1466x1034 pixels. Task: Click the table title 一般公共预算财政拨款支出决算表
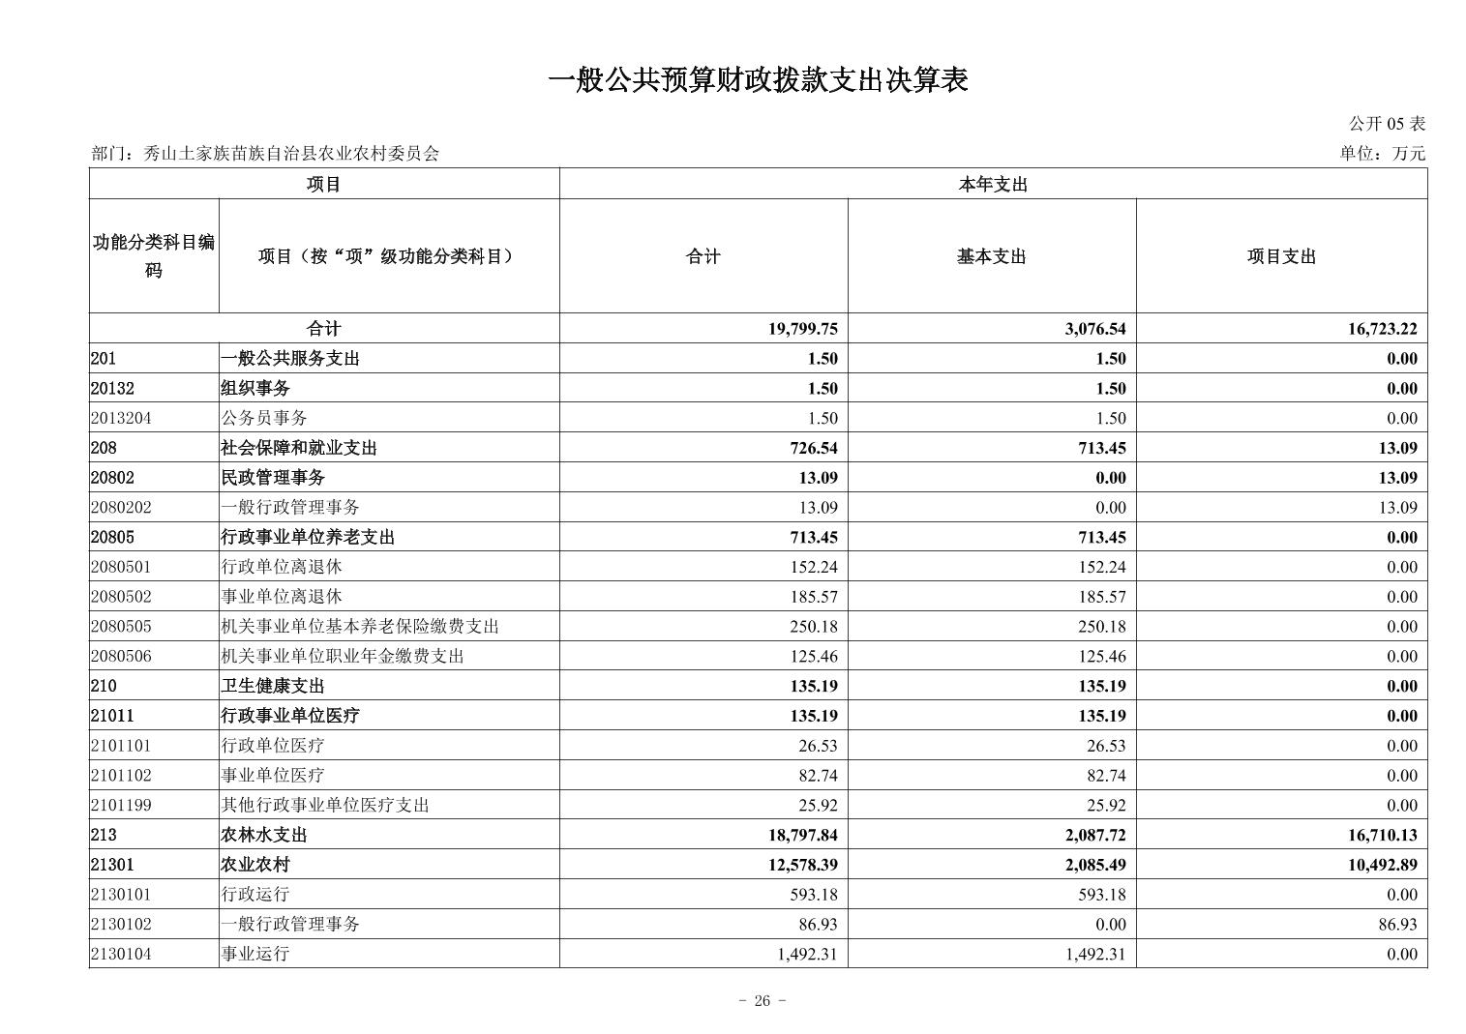[x=758, y=80]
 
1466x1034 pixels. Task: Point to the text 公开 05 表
[x=1387, y=124]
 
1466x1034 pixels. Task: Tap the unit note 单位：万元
[x=1382, y=153]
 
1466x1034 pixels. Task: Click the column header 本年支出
[x=993, y=185]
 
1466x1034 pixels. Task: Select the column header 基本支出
[x=991, y=256]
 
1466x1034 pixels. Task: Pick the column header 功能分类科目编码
[x=154, y=256]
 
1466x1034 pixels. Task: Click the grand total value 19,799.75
[x=803, y=329]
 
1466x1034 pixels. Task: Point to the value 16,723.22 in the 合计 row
[x=1382, y=329]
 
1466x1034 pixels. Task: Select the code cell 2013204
[x=121, y=418]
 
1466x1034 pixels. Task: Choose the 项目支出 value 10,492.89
[x=1382, y=865]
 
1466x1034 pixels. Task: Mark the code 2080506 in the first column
[x=121, y=656]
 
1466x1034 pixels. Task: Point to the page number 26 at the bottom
[x=762, y=1001]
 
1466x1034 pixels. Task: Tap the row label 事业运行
[x=255, y=954]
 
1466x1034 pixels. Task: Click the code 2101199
[x=121, y=805]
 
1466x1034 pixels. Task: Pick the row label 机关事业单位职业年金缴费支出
[x=343, y=656]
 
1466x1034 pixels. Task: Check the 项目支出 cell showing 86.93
[x=1397, y=924]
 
